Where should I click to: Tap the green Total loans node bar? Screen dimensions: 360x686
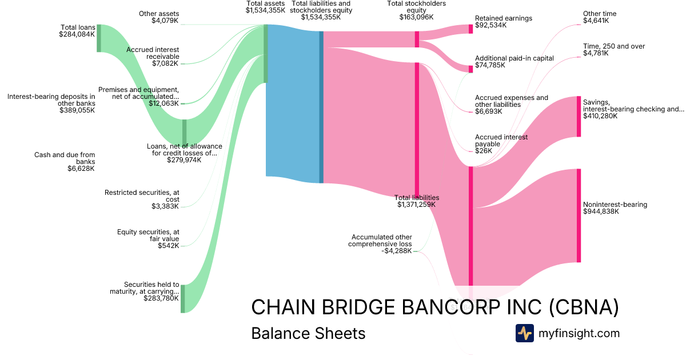[x=99, y=38]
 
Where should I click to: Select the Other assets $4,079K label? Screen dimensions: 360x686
[x=159, y=18]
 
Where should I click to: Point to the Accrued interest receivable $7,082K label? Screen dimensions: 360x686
[x=153, y=56]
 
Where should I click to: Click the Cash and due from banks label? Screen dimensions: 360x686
[x=65, y=162]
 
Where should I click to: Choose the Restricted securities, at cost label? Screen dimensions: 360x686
[x=142, y=199]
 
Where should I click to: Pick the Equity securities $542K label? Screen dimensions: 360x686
[x=148, y=239]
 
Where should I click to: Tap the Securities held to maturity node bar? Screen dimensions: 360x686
[x=183, y=298]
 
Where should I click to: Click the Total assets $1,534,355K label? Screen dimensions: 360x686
[x=266, y=7]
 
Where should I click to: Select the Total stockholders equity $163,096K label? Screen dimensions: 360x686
[x=416, y=10]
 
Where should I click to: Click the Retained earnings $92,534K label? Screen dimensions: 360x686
[x=503, y=22]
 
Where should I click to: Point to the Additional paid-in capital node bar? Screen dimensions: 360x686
[x=471, y=69]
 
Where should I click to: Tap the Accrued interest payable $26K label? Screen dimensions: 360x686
[x=501, y=144]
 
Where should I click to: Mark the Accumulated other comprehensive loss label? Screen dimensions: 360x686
[x=382, y=243]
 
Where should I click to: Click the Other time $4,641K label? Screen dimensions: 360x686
[x=600, y=17]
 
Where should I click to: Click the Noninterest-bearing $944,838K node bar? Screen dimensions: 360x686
[x=579, y=215]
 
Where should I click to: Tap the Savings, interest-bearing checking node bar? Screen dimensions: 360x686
[x=579, y=117]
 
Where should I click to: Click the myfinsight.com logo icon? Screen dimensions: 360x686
[x=524, y=333]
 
